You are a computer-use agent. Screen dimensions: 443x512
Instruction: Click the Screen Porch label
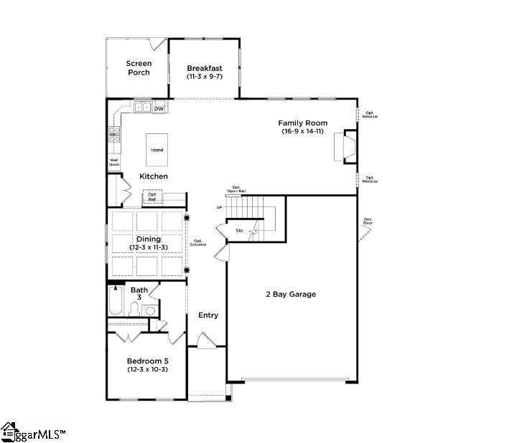[139, 68]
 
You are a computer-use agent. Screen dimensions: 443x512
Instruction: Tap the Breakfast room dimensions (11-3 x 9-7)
[200, 76]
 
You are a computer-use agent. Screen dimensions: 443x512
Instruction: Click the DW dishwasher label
[159, 108]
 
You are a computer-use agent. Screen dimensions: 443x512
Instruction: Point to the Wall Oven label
[114, 162]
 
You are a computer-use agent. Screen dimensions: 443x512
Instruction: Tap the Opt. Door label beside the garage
[368, 221]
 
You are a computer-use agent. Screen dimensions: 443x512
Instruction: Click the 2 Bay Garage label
[291, 294]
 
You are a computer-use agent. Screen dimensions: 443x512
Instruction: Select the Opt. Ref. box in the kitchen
[152, 196]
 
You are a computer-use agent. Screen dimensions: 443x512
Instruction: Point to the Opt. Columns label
[197, 242]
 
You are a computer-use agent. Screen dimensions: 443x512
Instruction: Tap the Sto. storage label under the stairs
[241, 230]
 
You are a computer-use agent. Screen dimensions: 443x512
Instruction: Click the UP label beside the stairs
[219, 207]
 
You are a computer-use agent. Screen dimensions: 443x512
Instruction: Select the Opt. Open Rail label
[233, 189]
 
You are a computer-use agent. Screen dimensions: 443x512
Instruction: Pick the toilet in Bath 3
[134, 309]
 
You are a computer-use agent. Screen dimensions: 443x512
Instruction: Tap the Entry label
[208, 315]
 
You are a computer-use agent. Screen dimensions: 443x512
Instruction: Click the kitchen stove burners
[113, 132]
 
